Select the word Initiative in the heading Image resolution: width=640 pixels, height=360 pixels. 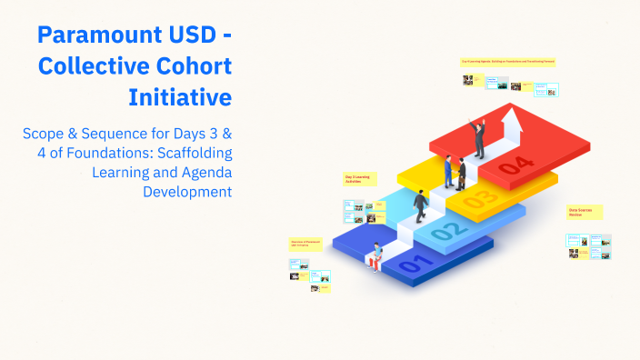[x=180, y=95]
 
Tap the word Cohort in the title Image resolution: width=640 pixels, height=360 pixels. [x=190, y=66]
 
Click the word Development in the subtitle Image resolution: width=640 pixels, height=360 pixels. [x=187, y=191]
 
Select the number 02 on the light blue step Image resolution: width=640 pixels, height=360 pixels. [x=445, y=233]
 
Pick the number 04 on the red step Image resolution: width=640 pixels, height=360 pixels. [x=515, y=165]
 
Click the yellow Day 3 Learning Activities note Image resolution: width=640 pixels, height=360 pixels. [x=356, y=180]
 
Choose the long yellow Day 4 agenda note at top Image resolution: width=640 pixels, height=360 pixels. [x=507, y=61]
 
